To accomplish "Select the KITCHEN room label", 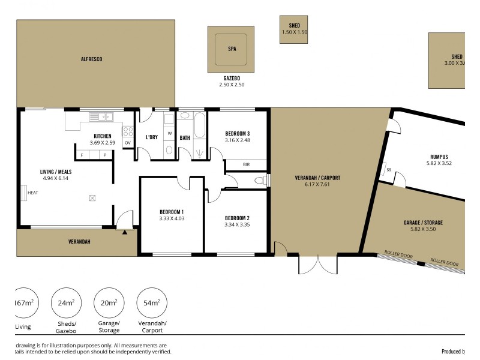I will point(103,136).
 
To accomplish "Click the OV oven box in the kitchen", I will point(128,143).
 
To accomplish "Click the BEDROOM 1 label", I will point(172,212).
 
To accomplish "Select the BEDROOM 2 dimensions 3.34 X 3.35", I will point(236,225).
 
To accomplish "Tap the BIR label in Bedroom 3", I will point(246,164).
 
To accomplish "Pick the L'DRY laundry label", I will point(152,137).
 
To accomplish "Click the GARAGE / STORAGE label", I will point(423,223).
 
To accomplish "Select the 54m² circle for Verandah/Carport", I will point(152,304).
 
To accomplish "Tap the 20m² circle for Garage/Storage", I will point(109,304).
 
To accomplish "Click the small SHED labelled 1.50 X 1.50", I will point(294,29).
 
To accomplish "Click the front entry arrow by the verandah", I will point(125,232).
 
